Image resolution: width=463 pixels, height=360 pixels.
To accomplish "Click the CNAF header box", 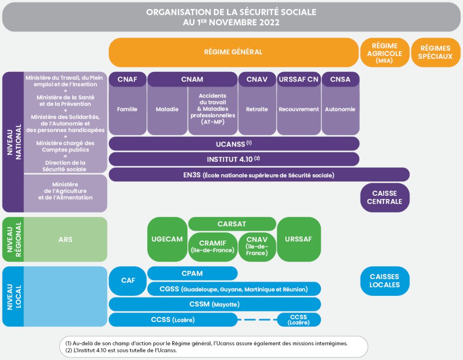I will pos(127,80).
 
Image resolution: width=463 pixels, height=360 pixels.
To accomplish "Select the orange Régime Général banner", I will pos(233,52).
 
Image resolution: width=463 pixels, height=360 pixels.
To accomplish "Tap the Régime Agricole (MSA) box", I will pos(384,52).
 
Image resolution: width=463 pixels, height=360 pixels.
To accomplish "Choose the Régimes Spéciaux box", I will pos(435,52).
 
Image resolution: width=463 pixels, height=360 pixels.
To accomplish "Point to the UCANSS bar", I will pos(234,143).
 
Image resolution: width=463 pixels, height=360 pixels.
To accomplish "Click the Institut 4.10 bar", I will pos(234,159).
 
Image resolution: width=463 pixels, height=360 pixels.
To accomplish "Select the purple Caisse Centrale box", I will pos(384,198).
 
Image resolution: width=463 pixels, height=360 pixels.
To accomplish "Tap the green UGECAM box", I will pos(167,239).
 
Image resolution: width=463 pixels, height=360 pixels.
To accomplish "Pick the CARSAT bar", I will pos(231,224).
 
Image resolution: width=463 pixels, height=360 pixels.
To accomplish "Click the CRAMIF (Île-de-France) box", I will pos(213,246).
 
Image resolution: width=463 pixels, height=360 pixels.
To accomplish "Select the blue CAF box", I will pos(128,280).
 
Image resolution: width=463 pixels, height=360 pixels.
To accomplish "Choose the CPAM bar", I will pos(192,273).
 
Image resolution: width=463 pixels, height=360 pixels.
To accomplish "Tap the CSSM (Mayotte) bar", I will pos(215,304).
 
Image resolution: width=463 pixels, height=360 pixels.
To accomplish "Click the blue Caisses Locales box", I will pos(384,281).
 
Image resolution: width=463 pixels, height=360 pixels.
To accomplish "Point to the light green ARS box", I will pos(66,239).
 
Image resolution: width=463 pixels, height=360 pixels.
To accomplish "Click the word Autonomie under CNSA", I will pos(340,109).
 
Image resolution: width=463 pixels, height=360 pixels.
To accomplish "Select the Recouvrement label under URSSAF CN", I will pos(299,109).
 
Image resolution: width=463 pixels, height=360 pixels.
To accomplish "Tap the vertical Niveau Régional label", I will pos(13,239).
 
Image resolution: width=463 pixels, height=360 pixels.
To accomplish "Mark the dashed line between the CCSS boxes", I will pos(257,320).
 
